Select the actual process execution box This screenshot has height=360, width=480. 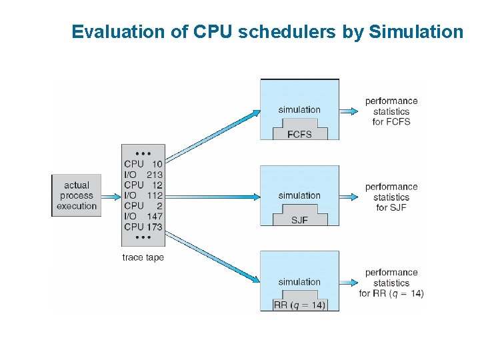point(77,195)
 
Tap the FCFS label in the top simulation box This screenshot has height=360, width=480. point(299,133)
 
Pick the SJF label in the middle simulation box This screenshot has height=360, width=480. point(299,220)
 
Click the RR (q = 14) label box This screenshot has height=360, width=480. point(299,305)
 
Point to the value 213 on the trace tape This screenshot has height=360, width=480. point(155,175)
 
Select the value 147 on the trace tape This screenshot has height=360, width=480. point(155,216)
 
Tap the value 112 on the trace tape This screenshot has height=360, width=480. point(155,195)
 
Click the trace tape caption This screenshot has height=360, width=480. point(143,257)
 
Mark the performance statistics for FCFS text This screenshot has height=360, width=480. point(391,111)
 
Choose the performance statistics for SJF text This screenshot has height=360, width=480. point(391,197)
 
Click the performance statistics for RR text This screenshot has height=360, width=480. point(391,283)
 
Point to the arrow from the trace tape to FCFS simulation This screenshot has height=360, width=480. point(211,136)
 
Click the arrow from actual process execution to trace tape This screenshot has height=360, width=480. point(110,195)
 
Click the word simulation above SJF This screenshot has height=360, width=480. point(299,195)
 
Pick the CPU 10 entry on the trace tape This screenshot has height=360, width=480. point(143,164)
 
